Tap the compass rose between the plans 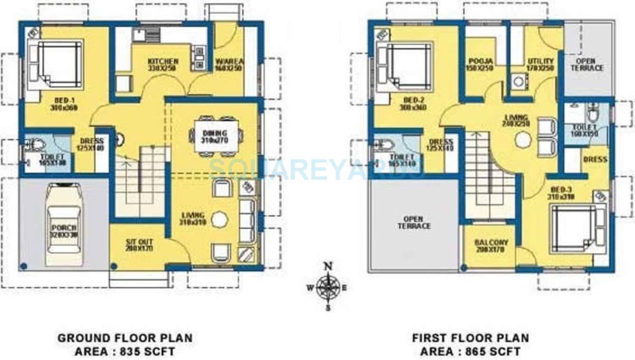click(327, 287)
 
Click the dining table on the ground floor click(214, 136)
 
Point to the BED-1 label click(64, 104)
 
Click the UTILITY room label click(541, 64)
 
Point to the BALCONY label click(491, 245)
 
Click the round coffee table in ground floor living click(220, 219)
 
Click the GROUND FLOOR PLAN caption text click(125, 338)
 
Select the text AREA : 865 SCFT click(470, 352)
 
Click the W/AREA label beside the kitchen click(229, 64)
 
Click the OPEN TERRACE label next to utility click(589, 65)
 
